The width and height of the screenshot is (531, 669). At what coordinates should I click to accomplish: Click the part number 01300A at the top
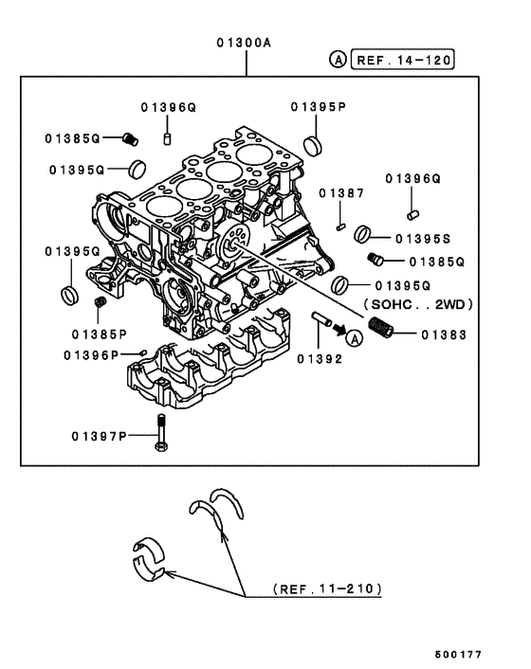246,42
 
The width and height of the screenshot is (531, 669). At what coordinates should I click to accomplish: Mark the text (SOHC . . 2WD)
416,306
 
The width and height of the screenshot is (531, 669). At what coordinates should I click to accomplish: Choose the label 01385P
100,334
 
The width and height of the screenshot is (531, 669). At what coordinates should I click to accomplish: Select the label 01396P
91,355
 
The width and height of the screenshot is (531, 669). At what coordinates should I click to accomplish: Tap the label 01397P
99,436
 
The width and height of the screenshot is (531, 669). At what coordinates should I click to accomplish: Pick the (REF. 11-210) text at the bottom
326,588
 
